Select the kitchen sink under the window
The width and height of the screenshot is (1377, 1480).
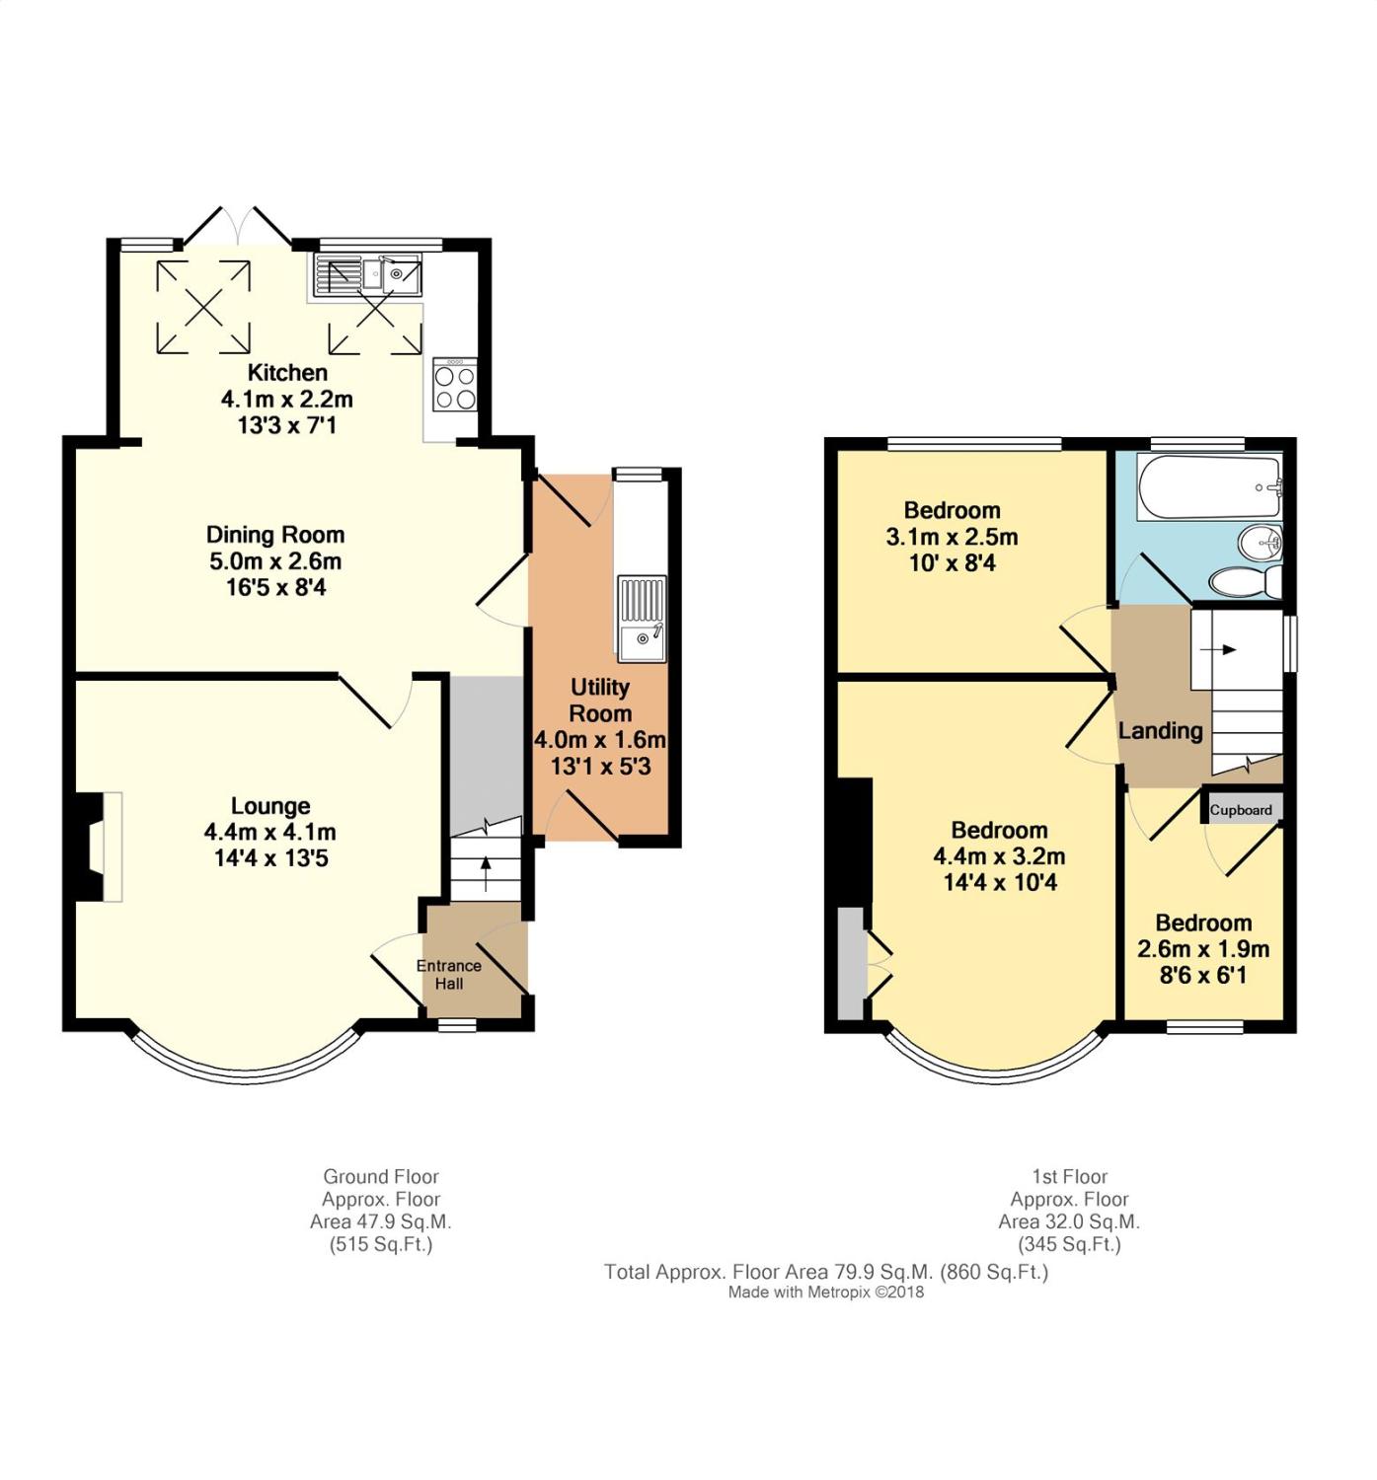pyautogui.click(x=368, y=275)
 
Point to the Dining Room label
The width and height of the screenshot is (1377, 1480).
pyautogui.click(x=275, y=535)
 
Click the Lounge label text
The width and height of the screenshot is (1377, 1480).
pyautogui.click(x=269, y=805)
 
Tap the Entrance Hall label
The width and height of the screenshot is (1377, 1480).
pyautogui.click(x=449, y=974)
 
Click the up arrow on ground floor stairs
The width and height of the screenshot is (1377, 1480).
pyautogui.click(x=486, y=873)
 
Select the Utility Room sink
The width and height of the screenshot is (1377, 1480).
pyautogui.click(x=642, y=618)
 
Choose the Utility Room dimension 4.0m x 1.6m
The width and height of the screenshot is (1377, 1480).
pyautogui.click(x=600, y=740)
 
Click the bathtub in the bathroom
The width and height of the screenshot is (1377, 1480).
pyautogui.click(x=1209, y=487)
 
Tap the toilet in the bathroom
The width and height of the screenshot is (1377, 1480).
pyautogui.click(x=1245, y=582)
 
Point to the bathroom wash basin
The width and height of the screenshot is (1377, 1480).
pyautogui.click(x=1260, y=543)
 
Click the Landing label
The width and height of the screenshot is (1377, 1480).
pyautogui.click(x=1160, y=731)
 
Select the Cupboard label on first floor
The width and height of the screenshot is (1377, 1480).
pyautogui.click(x=1241, y=810)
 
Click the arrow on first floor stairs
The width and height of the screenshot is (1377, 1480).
pyautogui.click(x=1217, y=649)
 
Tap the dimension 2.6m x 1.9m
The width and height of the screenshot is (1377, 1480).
pyautogui.click(x=1202, y=948)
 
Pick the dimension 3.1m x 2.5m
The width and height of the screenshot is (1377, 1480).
pyautogui.click(x=952, y=537)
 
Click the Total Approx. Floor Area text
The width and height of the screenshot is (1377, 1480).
pyautogui.click(x=826, y=1272)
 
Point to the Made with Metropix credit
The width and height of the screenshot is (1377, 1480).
pyautogui.click(x=826, y=1293)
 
